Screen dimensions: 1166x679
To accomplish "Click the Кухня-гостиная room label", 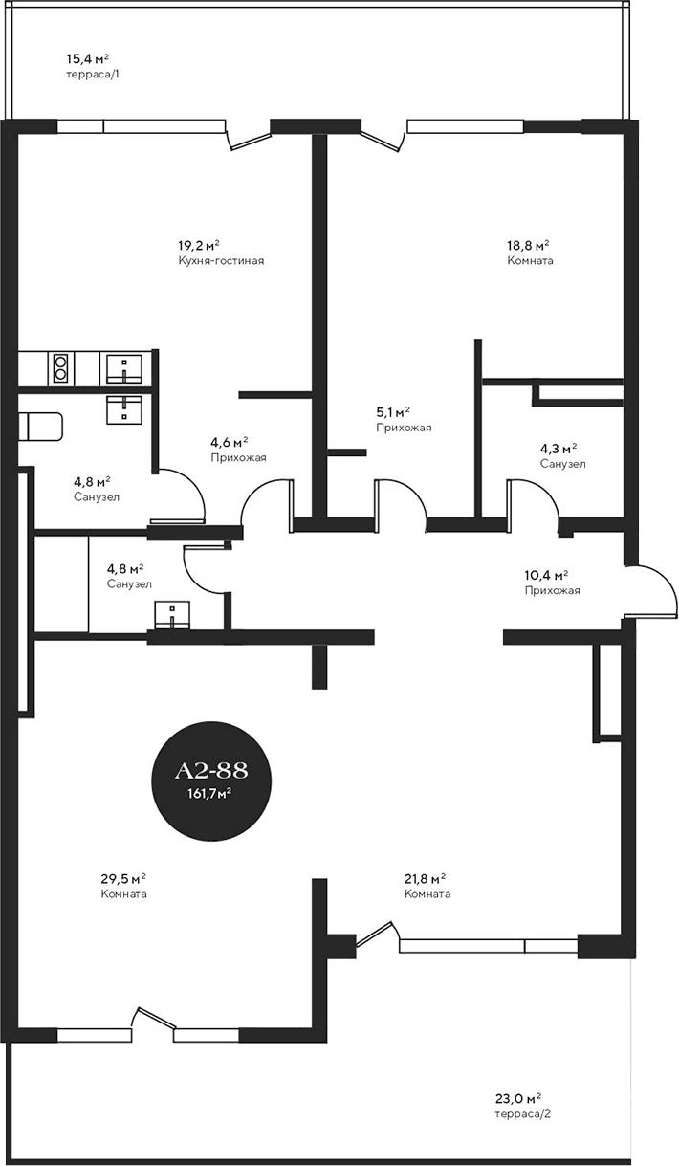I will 220,260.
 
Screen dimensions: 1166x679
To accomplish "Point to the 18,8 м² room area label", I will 528,245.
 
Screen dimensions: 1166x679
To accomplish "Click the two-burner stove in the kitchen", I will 60,367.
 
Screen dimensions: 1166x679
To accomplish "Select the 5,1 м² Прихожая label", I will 403,420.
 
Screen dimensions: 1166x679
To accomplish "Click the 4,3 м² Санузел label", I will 561,455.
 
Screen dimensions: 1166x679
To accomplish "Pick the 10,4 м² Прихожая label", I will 551,583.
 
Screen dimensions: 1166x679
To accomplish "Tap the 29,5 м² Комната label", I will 124,886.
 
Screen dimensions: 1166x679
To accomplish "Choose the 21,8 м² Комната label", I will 427,886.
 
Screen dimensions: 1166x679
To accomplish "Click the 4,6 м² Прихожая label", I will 237,450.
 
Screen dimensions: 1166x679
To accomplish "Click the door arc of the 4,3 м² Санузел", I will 532,496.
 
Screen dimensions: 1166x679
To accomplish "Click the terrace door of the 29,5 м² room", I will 153,1022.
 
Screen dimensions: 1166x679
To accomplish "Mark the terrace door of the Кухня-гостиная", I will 248,140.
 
